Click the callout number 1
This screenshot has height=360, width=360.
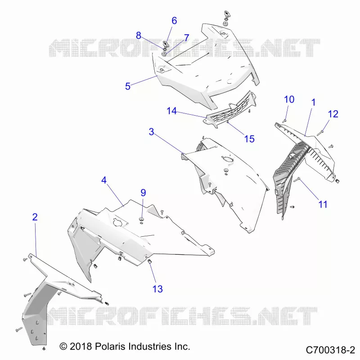313,103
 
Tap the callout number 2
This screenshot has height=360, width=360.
35,217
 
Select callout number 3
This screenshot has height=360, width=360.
151,132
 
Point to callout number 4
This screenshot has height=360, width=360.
104,180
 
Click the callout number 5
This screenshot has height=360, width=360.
128,86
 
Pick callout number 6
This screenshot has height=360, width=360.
174,21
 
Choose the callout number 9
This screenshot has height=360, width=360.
143,193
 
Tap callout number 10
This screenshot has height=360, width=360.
289,99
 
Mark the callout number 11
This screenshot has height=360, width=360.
323,204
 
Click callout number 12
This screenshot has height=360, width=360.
333,114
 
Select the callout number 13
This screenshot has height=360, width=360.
158,289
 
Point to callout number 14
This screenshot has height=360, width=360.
172,111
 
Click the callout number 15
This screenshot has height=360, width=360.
249,139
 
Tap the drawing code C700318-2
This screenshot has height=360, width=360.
330,350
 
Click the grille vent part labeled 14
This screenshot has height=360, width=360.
231,109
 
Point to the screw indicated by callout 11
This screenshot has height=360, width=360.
297,180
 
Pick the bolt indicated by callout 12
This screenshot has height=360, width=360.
320,133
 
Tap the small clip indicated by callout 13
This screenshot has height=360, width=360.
149,261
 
